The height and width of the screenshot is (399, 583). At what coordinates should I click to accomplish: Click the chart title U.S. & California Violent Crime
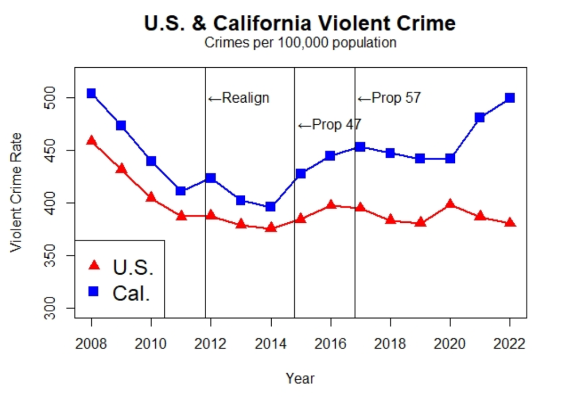click(x=300, y=23)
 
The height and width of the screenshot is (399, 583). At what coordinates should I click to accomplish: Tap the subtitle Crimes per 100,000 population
click(x=300, y=43)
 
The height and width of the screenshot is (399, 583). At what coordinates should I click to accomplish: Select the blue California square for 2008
click(x=91, y=93)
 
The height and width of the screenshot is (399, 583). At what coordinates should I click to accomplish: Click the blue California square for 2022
click(x=510, y=98)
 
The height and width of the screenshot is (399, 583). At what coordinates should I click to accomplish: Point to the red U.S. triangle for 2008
click(x=91, y=141)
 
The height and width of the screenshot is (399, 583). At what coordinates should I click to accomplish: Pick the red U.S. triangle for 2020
click(x=450, y=204)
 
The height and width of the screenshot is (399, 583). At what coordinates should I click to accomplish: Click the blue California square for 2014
click(x=270, y=207)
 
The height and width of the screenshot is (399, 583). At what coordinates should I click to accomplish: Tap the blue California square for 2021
click(x=480, y=117)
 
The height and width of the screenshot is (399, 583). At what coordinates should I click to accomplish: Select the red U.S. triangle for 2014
click(x=270, y=227)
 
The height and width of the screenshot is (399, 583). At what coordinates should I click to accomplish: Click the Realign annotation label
click(x=239, y=98)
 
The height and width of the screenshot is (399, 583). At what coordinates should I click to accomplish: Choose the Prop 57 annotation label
click(x=389, y=98)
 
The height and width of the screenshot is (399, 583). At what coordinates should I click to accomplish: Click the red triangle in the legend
click(x=94, y=265)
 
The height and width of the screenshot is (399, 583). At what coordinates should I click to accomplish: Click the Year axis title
click(x=300, y=378)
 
